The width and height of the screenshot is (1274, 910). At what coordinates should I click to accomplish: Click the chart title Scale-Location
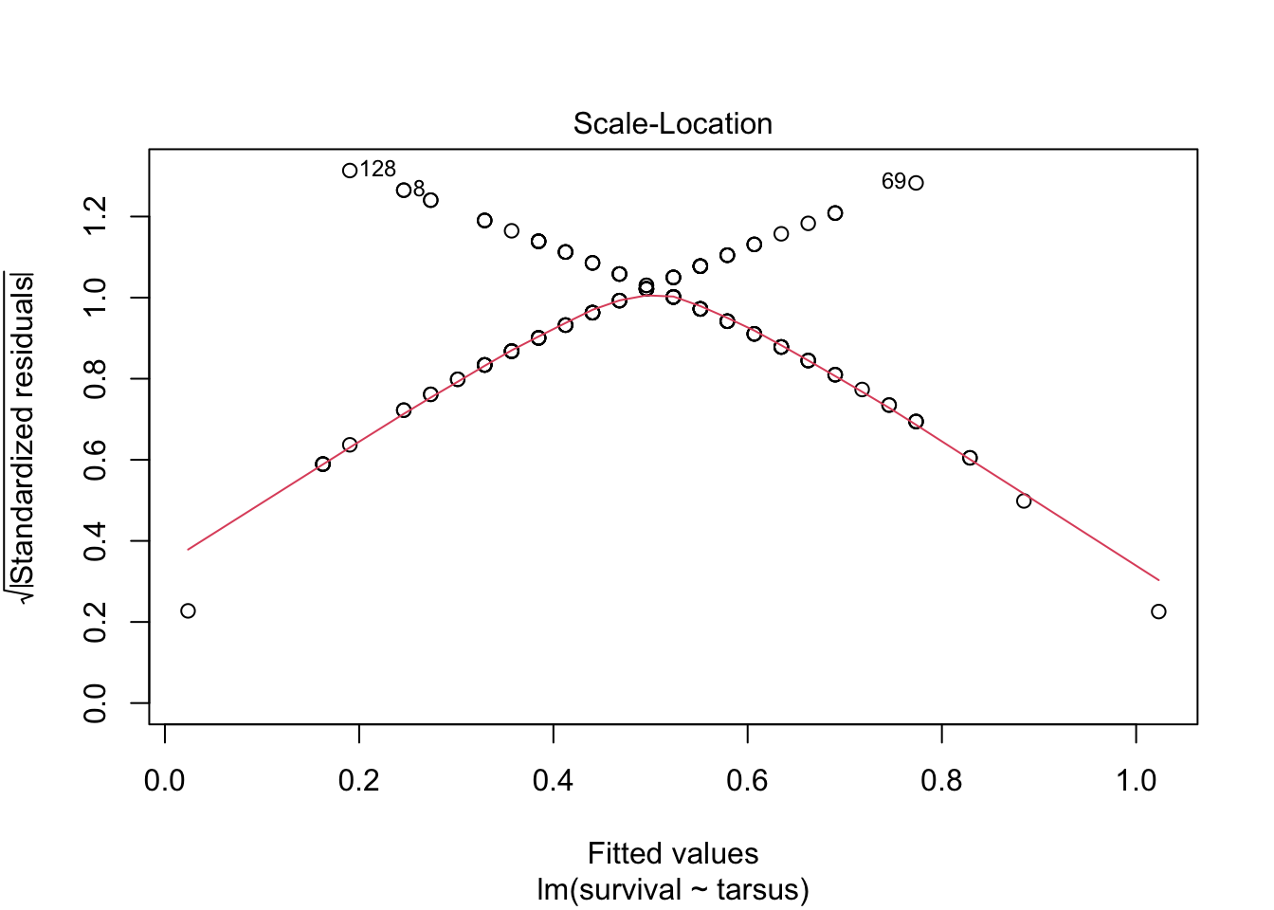tap(673, 124)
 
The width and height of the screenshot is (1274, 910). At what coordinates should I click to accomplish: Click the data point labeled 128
tap(350, 171)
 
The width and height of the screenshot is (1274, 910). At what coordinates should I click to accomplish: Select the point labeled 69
tap(916, 183)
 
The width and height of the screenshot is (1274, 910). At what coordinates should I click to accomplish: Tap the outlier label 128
tap(378, 170)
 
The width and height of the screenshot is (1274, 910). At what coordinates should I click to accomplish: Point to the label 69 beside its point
tap(894, 181)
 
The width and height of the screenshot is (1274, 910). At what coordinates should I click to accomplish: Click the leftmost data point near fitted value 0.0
tap(188, 610)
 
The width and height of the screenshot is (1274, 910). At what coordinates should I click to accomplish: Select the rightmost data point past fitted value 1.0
tap(1158, 611)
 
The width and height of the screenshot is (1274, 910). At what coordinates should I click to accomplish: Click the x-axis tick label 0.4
tap(553, 781)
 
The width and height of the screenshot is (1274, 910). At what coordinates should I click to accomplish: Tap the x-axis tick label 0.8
tap(941, 781)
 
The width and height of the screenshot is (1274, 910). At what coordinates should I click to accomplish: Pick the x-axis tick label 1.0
tap(1136, 781)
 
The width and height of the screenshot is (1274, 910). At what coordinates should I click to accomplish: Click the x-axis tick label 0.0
tap(165, 781)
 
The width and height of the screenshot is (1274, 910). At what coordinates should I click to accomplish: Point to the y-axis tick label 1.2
tap(95, 216)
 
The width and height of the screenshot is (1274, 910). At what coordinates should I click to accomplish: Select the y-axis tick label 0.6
tap(95, 460)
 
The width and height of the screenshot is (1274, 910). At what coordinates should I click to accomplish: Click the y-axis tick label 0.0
tap(95, 703)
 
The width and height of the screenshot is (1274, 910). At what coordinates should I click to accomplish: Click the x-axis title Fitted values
tap(673, 854)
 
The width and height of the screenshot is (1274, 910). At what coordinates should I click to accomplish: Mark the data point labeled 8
tap(404, 190)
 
